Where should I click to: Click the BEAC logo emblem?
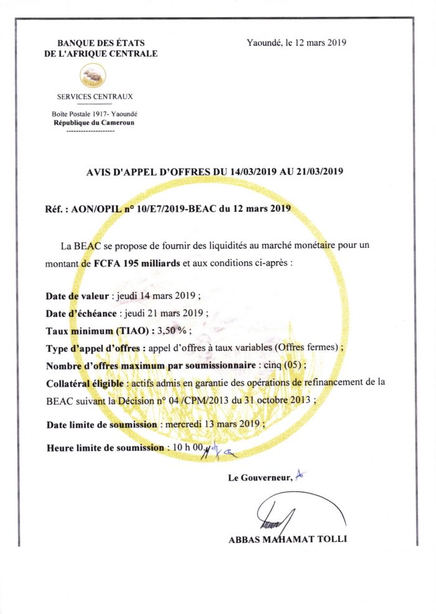(x=93, y=75)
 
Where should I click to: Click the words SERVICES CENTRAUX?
(x=95, y=97)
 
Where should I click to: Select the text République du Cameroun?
(x=94, y=123)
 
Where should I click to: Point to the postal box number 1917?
(x=97, y=114)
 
